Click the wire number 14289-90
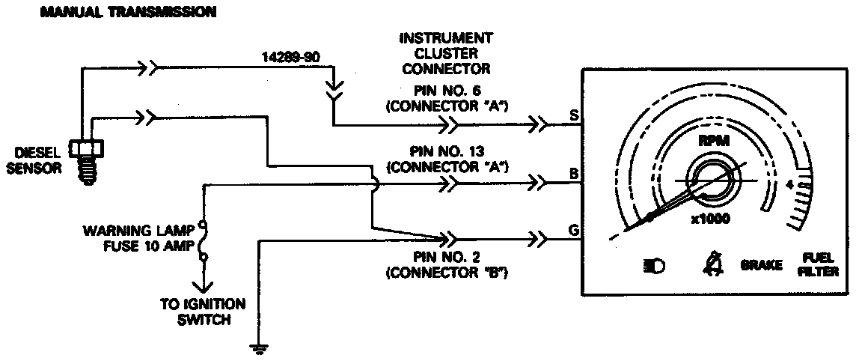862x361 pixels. (288, 57)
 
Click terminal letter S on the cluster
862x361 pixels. (573, 115)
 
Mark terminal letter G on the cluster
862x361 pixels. (573, 231)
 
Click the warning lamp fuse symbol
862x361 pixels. (201, 241)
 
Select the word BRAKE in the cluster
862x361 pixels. (762, 266)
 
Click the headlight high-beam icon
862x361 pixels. (653, 266)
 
